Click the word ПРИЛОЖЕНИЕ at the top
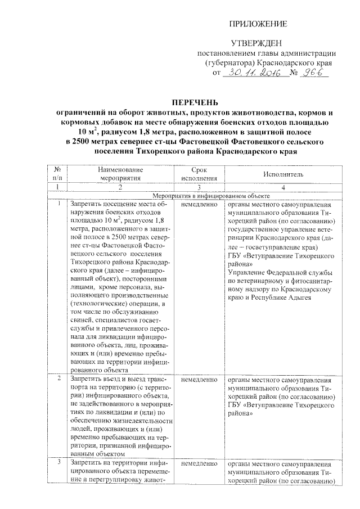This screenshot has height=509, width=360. click(x=259, y=24)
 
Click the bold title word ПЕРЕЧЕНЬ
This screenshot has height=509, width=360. click(x=180, y=102)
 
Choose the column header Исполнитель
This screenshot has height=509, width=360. click(x=283, y=174)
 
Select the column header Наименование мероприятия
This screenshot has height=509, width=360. click(x=120, y=174)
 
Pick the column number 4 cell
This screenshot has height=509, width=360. click(x=283, y=187)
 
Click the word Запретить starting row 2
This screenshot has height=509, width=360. click(x=86, y=380)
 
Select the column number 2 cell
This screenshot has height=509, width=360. click(x=120, y=187)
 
